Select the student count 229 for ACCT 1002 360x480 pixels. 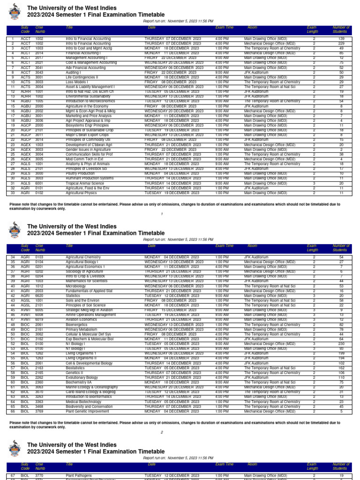tap(341, 43)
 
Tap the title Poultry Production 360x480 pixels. tap(80, 173)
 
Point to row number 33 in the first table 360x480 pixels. tap(13, 193)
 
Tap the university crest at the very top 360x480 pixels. tap(15, 11)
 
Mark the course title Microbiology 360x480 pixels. tap(76, 286)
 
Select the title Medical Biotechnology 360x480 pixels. tap(83, 402)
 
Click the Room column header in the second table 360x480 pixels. tap(253, 246)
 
